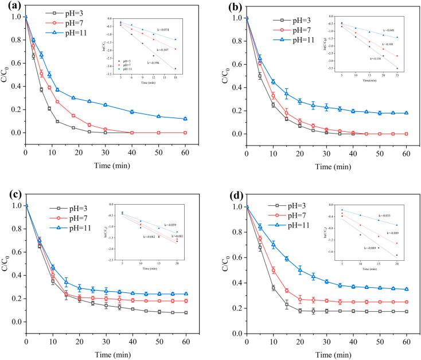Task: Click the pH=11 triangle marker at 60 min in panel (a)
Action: [x=185, y=119]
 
